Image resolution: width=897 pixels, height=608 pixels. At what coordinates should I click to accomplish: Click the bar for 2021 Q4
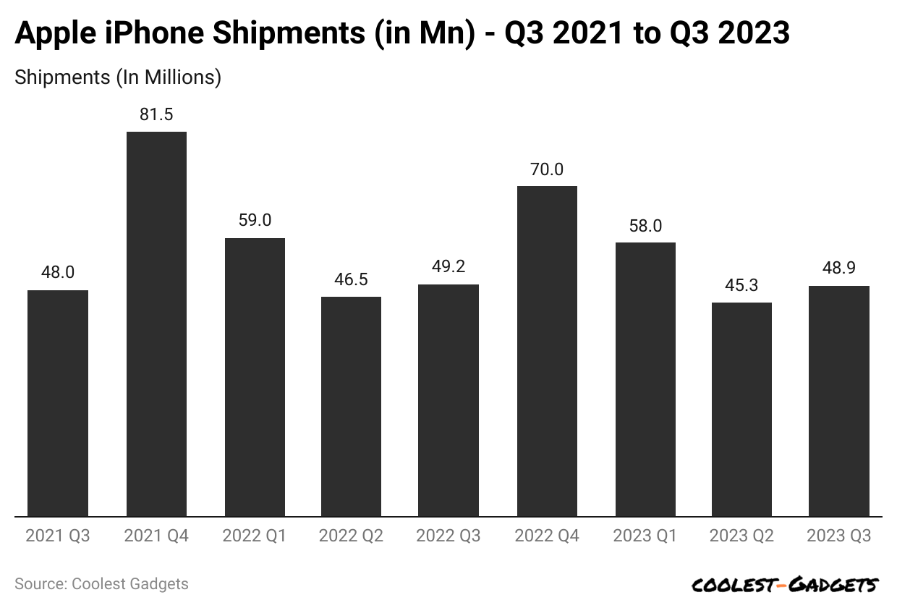pos(156,324)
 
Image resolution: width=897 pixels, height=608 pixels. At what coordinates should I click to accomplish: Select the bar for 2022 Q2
pos(351,406)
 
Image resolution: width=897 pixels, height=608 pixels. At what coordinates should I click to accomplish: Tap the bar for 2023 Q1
pos(645,379)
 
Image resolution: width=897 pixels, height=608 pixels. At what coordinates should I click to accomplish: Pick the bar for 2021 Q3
pos(58,403)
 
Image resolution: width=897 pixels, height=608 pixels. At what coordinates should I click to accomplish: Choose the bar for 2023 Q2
pos(741,409)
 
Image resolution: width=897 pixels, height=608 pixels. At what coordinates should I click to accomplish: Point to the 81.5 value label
pos(156,114)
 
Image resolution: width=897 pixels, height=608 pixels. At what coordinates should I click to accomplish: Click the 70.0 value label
pos(547,169)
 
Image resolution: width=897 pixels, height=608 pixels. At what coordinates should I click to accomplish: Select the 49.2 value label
pos(448,267)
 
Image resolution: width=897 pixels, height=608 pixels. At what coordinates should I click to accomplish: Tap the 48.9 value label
pos(839,269)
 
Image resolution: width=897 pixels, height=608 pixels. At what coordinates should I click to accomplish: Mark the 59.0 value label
pos(255,221)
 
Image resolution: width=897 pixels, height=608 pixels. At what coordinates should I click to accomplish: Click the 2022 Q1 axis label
pos(255,536)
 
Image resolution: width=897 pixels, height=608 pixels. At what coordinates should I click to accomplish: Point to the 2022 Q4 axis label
pos(547,536)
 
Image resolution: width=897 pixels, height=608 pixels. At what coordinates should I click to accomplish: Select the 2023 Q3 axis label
pos(839,536)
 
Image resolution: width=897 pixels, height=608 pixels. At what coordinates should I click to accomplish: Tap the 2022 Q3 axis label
pos(448,536)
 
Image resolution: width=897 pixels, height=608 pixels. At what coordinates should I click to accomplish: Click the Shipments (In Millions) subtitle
pos(118,77)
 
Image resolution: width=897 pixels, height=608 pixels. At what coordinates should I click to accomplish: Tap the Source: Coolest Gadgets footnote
pos(101,584)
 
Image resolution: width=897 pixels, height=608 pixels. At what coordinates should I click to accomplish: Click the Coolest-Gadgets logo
pos(785,585)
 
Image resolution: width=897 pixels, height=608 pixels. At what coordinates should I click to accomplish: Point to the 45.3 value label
pos(741,285)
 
